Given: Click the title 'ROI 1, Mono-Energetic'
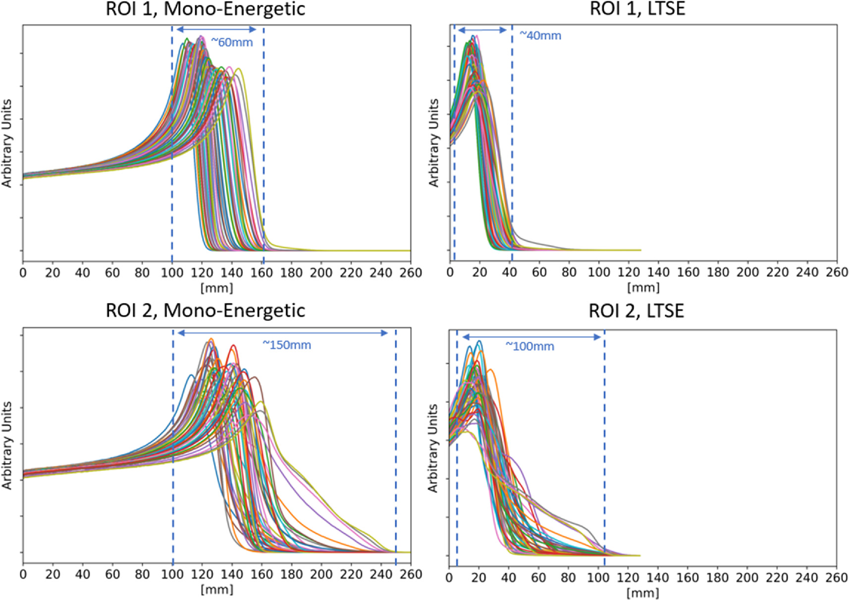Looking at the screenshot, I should (x=205, y=9).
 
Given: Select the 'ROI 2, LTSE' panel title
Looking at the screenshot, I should (x=636, y=311).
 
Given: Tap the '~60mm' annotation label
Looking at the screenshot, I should (x=232, y=43).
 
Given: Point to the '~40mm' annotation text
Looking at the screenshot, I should (x=540, y=36).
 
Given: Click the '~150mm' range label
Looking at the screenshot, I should (x=286, y=345).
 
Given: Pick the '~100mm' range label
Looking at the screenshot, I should (x=530, y=347).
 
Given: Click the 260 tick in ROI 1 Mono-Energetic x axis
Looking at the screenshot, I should (x=411, y=273).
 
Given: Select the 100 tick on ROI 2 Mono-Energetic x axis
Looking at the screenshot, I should (x=172, y=574).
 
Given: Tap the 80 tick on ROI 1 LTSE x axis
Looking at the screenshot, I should (x=569, y=272).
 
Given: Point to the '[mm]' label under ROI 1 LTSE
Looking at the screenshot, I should (x=643, y=287).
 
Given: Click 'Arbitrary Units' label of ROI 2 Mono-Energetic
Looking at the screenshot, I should (x=7, y=445).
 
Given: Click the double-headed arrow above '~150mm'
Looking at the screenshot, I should (x=282, y=333).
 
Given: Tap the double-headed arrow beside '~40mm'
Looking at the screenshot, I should (x=482, y=30).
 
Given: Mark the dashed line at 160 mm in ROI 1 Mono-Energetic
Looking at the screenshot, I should (x=264, y=149).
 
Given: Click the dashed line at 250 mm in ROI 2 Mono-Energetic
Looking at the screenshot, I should (x=396, y=446).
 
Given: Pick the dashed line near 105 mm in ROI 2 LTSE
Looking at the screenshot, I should (x=604, y=446).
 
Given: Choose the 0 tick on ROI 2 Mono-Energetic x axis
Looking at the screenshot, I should (x=23, y=574).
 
